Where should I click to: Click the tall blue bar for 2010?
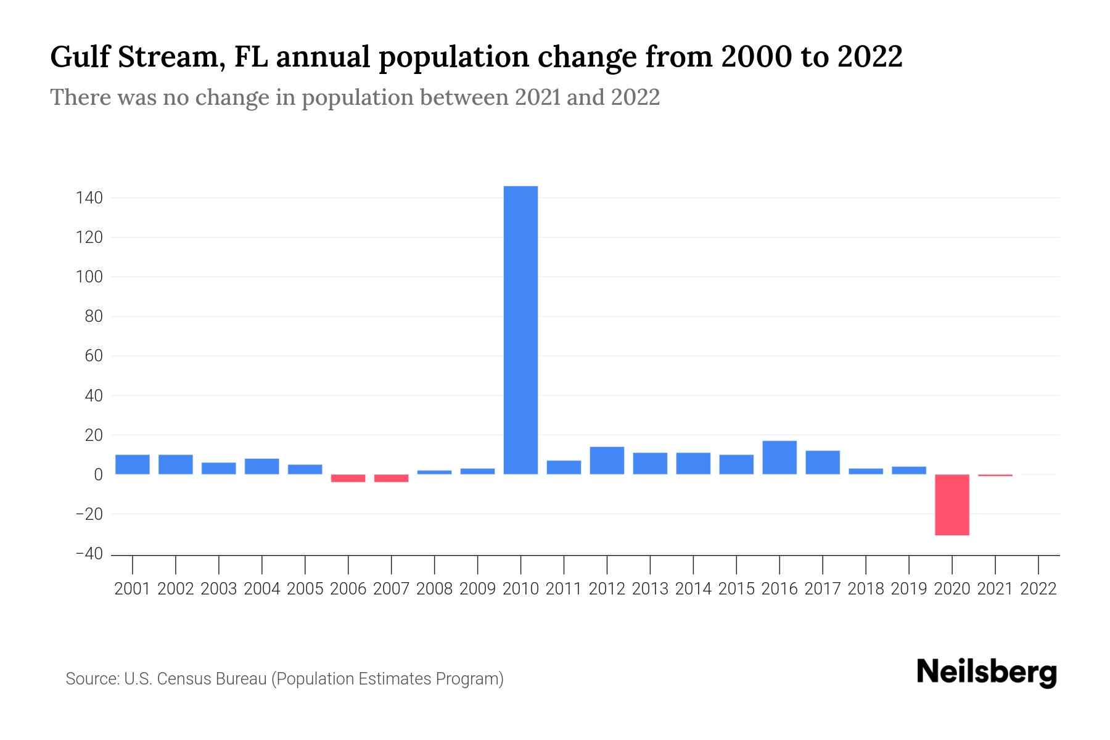pyautogui.click(x=520, y=330)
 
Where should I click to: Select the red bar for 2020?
pyautogui.click(x=952, y=504)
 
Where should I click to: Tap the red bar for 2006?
pyautogui.click(x=348, y=478)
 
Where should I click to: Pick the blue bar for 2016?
pyautogui.click(x=779, y=458)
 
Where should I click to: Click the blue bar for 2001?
pyautogui.click(x=133, y=464)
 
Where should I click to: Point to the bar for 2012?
pyautogui.click(x=607, y=461)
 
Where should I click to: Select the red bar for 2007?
pyautogui.click(x=391, y=478)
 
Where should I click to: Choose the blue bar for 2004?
pyautogui.click(x=262, y=466)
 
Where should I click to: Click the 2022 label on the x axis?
pyautogui.click(x=1038, y=589)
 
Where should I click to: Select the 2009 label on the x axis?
pyautogui.click(x=477, y=589)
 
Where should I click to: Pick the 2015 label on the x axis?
pyautogui.click(x=736, y=589)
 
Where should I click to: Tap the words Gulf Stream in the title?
pyautogui.click(x=131, y=57)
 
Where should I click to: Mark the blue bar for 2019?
pyautogui.click(x=908, y=470)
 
